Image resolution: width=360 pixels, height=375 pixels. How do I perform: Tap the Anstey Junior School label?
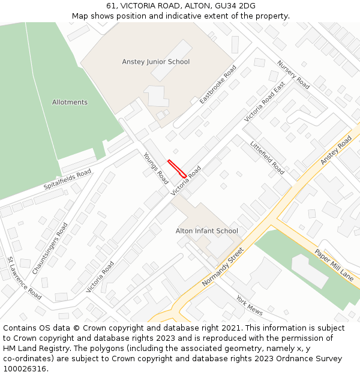point(155,62)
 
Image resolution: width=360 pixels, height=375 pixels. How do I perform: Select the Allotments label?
point(70,103)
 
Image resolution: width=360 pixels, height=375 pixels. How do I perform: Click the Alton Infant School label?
point(206,231)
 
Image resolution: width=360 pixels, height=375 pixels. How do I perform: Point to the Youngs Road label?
point(155,168)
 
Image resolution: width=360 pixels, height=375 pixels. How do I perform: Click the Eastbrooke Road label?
point(218,85)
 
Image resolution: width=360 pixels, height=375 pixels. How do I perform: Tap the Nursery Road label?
point(293,75)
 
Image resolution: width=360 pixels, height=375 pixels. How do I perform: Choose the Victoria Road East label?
point(265,103)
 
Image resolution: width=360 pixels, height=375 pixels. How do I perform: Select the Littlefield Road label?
point(267,158)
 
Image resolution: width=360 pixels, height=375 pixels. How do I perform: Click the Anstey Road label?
point(336,150)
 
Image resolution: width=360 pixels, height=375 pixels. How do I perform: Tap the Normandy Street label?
point(223,266)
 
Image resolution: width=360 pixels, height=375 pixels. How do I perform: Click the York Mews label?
point(249,305)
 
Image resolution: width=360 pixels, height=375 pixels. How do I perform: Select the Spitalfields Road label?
point(67,179)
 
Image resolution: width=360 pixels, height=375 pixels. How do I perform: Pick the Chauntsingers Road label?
point(50,248)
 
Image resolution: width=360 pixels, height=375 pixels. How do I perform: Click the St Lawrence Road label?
point(24,278)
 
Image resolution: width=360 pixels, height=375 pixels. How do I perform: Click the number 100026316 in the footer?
point(25,368)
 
